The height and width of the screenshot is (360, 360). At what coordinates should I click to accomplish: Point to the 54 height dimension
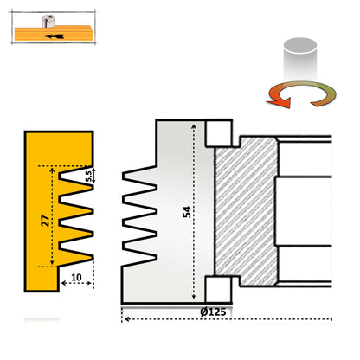pos(187,212)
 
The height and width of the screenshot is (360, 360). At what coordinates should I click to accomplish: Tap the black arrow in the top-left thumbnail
pos(56,37)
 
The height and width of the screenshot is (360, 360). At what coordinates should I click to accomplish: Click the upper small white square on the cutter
pos(217,132)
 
